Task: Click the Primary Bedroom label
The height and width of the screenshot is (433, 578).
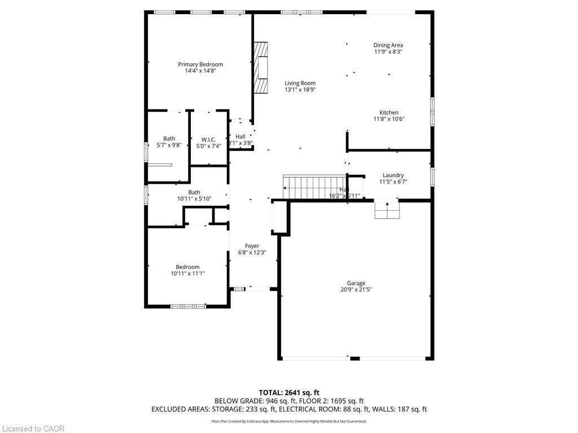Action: (x=200, y=64)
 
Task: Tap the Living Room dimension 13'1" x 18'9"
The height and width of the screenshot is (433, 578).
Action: (x=300, y=90)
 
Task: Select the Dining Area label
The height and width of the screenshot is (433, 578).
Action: (x=388, y=45)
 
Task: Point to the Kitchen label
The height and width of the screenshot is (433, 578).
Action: (x=389, y=113)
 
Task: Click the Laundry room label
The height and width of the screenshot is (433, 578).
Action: (x=393, y=175)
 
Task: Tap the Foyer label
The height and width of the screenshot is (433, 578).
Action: (x=252, y=246)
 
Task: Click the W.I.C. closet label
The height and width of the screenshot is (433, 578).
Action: (x=209, y=139)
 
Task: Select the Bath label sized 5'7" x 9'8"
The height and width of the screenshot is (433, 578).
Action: (x=169, y=139)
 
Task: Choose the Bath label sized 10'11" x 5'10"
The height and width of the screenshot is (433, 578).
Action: (x=194, y=192)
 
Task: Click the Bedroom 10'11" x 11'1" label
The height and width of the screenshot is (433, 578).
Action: (x=187, y=267)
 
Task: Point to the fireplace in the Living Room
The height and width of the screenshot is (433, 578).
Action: (x=261, y=67)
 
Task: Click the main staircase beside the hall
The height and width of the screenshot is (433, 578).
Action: (x=305, y=187)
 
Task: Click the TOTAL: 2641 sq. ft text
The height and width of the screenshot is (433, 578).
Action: (x=289, y=392)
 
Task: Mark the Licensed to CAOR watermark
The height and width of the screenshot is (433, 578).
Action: (x=33, y=428)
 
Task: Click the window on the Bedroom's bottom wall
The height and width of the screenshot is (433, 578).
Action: (x=188, y=306)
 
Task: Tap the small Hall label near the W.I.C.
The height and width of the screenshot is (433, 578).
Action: (x=240, y=136)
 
